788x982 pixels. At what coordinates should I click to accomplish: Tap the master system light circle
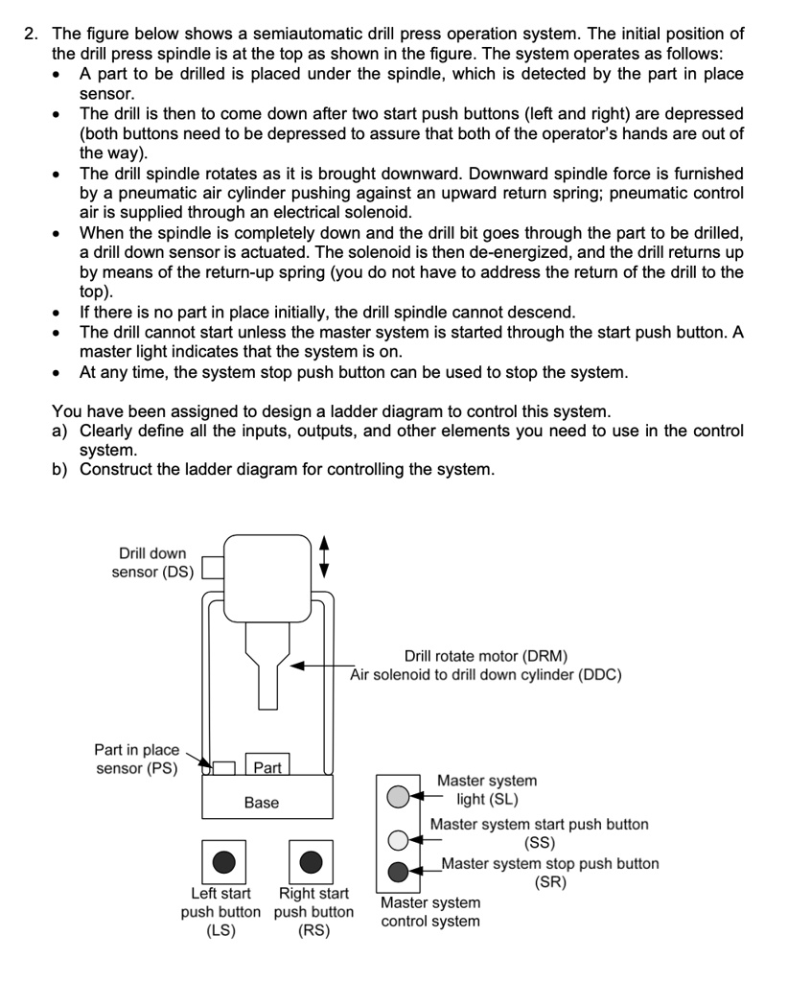(398, 795)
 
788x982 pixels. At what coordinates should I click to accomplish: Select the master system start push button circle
(398, 841)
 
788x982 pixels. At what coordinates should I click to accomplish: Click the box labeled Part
(267, 767)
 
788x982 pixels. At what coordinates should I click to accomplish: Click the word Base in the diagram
(261, 803)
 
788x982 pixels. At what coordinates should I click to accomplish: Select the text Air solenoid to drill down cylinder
(485, 675)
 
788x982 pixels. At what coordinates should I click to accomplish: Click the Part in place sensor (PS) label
(136, 759)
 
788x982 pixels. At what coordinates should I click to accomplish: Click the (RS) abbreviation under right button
(313, 930)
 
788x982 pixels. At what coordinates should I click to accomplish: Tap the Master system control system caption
(430, 912)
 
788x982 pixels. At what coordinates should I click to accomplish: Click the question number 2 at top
(33, 34)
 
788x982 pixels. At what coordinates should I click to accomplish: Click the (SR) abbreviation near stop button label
(549, 883)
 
